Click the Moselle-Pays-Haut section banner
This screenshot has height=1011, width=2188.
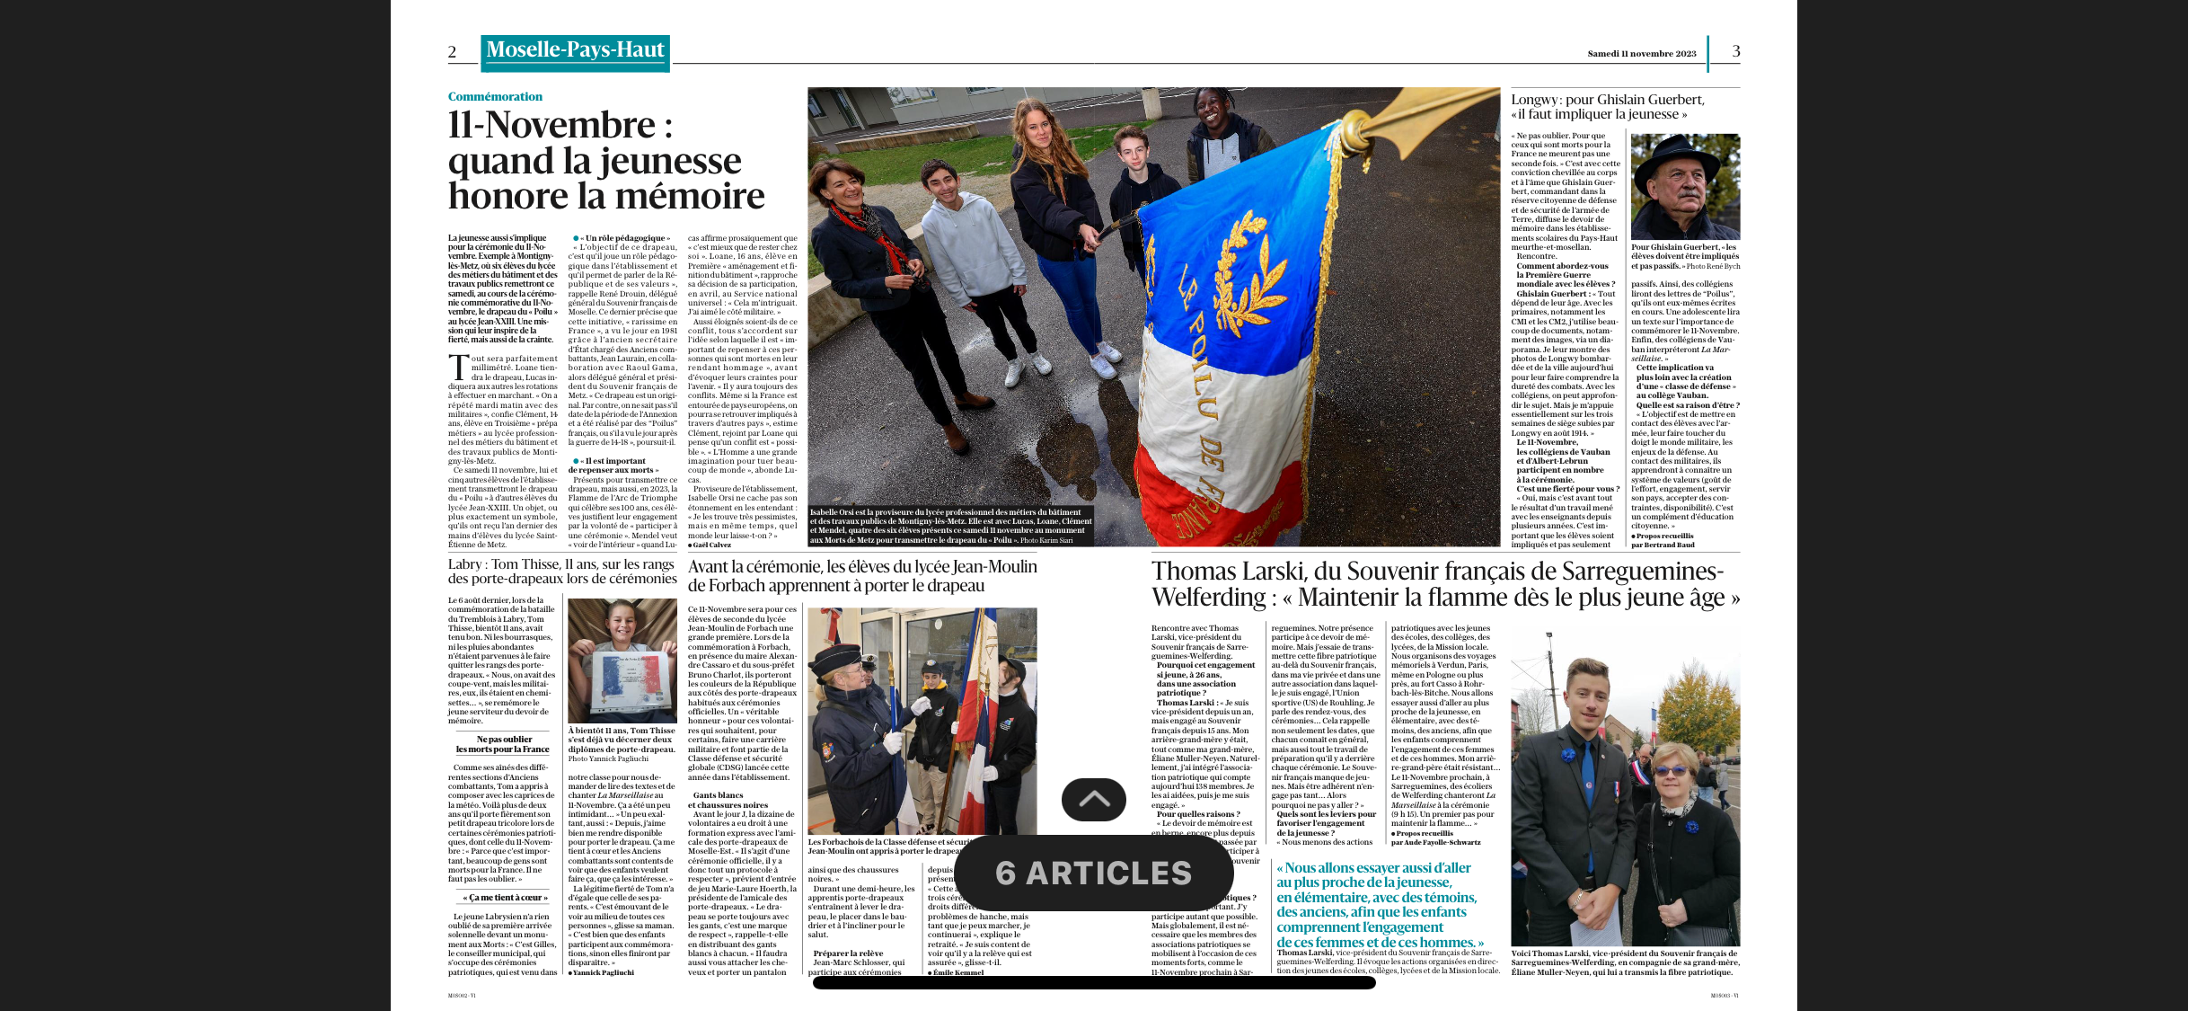click(x=575, y=51)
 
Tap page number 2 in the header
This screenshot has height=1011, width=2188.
click(x=452, y=52)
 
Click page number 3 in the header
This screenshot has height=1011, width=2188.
click(x=1735, y=51)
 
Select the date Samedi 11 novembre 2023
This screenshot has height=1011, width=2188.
click(x=1641, y=54)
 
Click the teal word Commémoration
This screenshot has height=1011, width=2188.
click(x=495, y=97)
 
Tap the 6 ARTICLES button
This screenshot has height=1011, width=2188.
click(x=1093, y=873)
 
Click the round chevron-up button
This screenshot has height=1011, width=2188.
click(x=1093, y=799)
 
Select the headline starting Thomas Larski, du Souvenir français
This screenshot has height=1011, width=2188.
click(x=1444, y=584)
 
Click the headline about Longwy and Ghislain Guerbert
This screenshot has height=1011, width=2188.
click(x=1606, y=107)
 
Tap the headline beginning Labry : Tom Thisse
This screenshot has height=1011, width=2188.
click(x=561, y=572)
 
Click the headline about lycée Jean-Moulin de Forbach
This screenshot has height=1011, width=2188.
click(x=861, y=576)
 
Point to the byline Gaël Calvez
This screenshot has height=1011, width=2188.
click(x=711, y=545)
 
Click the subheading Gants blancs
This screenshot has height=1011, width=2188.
click(x=718, y=795)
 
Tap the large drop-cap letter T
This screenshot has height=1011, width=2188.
click(x=458, y=368)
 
